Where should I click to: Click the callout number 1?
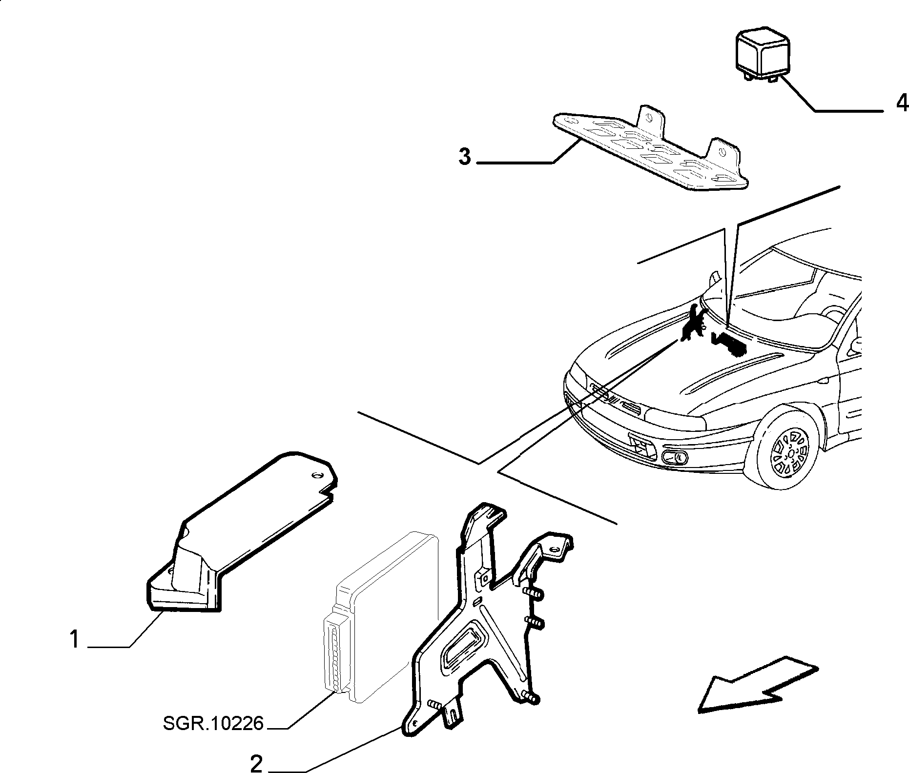[x=74, y=639]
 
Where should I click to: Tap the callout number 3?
[x=465, y=157]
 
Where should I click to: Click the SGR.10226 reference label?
[x=213, y=723]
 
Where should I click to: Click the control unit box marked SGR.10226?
[x=381, y=617]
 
